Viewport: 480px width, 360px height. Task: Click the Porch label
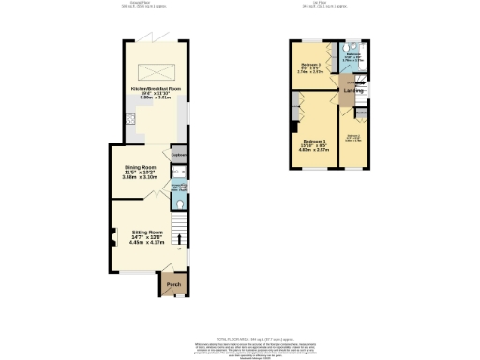point(173,284)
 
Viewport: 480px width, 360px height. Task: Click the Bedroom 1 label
point(315,139)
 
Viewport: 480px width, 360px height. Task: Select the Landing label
point(352,91)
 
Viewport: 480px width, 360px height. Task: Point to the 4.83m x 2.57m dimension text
point(315,149)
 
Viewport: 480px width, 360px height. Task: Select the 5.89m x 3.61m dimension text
point(155,98)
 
